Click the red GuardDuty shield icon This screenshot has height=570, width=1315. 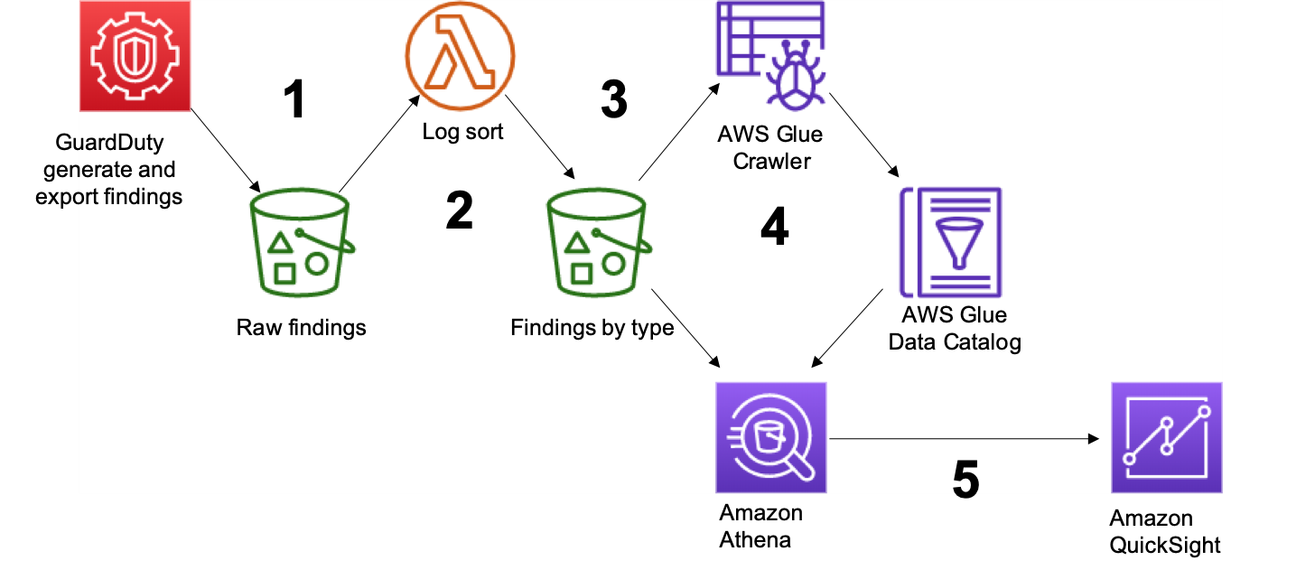pyautogui.click(x=135, y=54)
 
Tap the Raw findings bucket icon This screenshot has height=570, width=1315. pyautogui.click(x=301, y=243)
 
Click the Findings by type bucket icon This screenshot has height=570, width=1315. pyautogui.click(x=599, y=243)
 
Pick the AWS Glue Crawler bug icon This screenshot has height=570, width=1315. pyautogui.click(x=770, y=54)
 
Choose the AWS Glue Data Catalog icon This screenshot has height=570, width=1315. pyautogui.click(x=952, y=243)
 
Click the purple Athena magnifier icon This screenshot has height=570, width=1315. pyautogui.click(x=770, y=438)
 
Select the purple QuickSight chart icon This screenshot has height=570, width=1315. pyautogui.click(x=1166, y=438)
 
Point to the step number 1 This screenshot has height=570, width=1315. pyautogui.click(x=294, y=99)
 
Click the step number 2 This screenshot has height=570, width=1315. pyautogui.click(x=459, y=211)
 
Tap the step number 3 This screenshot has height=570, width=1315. pyautogui.click(x=614, y=99)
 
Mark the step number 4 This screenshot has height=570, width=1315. pyautogui.click(x=774, y=228)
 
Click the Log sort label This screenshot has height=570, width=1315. pyautogui.click(x=462, y=132)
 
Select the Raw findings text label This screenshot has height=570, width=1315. pyautogui.click(x=301, y=327)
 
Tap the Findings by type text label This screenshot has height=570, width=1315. pyautogui.click(x=592, y=327)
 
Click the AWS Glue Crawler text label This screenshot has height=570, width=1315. pyautogui.click(x=770, y=148)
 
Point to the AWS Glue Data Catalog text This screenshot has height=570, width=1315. pyautogui.click(x=955, y=329)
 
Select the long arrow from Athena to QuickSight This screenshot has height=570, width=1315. pyautogui.click(x=964, y=439)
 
